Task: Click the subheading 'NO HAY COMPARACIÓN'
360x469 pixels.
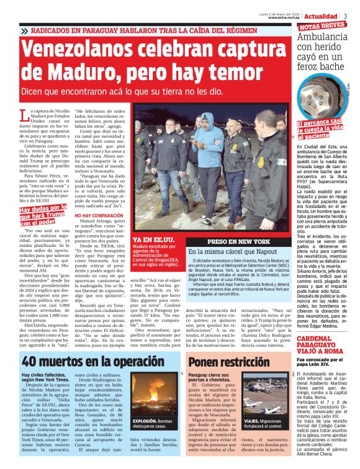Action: point(95,215)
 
